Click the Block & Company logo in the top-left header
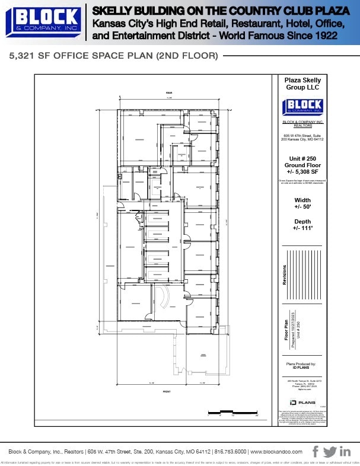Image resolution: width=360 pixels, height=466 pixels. click(43, 22)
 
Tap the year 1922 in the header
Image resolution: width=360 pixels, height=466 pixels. click(326, 35)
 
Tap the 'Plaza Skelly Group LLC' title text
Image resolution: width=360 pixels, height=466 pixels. click(302, 84)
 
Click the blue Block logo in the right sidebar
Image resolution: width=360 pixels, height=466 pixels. click(302, 106)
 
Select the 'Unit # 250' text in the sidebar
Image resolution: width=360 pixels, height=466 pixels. click(302, 158)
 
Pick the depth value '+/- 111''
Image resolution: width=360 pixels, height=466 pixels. click(302, 228)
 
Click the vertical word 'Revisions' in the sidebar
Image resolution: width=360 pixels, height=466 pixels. click(285, 275)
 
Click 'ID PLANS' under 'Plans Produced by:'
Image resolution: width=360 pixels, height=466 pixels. click(302, 368)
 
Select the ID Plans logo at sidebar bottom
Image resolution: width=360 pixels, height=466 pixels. click(302, 401)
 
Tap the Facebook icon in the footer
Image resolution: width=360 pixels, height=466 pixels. click(316, 451)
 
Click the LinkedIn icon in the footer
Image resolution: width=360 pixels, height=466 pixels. click(345, 451)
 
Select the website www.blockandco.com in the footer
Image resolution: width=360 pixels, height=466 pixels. click(274, 452)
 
